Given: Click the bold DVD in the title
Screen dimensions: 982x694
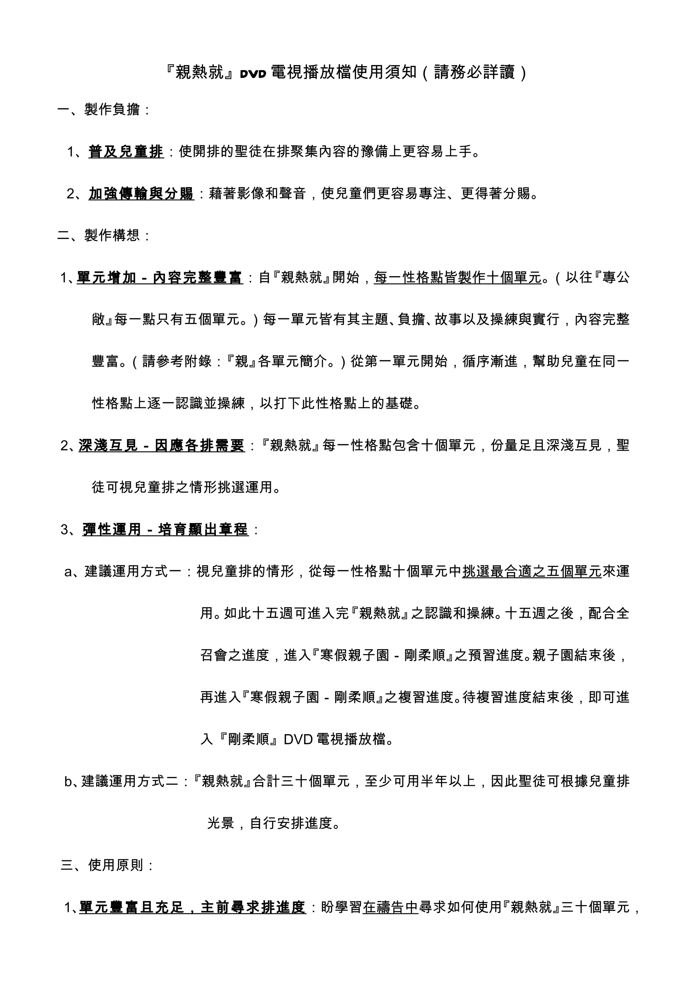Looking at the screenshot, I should (253, 74).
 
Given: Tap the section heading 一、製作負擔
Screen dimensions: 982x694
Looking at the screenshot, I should (103, 110).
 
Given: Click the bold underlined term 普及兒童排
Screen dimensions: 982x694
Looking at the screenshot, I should (126, 152).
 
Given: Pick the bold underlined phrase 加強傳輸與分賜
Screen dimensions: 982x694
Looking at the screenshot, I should (141, 194).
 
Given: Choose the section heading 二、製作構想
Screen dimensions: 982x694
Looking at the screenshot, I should (103, 235).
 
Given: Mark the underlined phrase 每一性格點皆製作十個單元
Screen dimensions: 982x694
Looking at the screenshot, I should (457, 278).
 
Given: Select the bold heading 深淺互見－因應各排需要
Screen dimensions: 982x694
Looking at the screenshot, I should (161, 446).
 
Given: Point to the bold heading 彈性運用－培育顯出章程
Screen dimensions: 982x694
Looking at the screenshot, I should (165, 530).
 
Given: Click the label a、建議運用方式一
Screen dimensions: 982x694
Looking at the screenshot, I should (123, 571).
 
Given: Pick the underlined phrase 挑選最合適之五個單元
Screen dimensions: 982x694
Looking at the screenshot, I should (532, 571).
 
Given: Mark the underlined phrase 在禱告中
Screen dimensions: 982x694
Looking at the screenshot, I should (390, 907).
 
